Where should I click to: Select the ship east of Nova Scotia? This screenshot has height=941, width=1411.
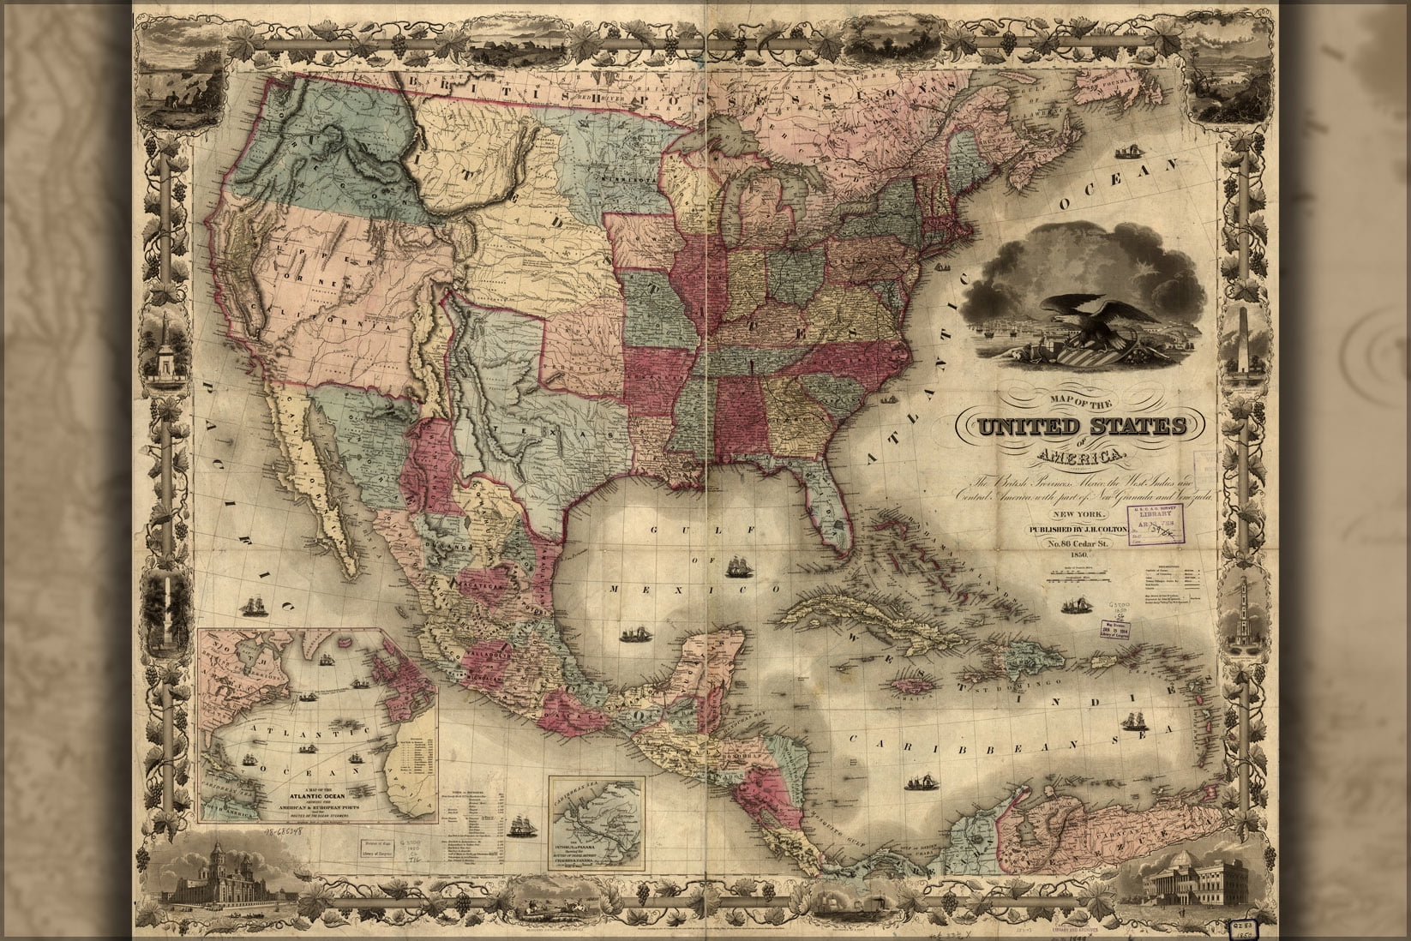coord(1126,155)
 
